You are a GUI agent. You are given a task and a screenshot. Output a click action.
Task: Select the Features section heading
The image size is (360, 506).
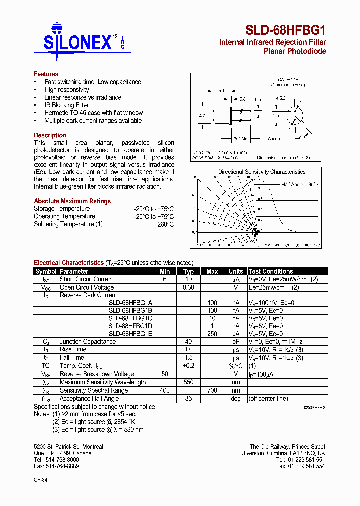[46, 74]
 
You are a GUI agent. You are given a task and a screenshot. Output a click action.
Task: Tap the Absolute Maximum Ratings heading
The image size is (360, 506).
[72, 201]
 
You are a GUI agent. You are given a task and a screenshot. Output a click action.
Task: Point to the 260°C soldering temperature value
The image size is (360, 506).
[165, 224]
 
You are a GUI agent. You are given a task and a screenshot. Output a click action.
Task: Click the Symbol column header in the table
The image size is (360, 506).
[46, 271]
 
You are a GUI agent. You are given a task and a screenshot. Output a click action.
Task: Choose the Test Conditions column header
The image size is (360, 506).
[270, 271]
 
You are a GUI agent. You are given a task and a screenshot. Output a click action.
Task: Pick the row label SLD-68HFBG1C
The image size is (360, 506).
[130, 318]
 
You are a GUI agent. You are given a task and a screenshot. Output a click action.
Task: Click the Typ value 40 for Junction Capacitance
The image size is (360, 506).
[188, 342]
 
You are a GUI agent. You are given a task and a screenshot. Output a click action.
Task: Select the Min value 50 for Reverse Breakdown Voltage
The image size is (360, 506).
[165, 374]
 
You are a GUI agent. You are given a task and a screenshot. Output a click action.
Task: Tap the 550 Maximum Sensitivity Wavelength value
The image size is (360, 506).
[188, 382]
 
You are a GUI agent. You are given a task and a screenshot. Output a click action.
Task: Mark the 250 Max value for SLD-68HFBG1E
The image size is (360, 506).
[212, 334]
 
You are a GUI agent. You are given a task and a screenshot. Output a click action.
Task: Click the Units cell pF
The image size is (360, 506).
[236, 342]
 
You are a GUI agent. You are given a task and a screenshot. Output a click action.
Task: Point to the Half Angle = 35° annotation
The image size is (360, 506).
[299, 184]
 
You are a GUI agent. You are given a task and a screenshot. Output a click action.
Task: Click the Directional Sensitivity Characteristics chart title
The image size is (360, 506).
[262, 172]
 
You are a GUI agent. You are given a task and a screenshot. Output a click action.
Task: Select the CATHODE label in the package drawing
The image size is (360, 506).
[288, 80]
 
